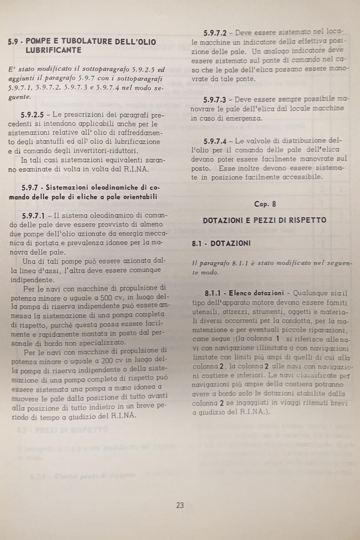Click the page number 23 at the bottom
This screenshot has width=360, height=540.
[x=180, y=505]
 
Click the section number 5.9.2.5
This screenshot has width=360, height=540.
[x=32, y=115]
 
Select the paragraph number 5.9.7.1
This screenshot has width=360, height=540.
[x=33, y=215]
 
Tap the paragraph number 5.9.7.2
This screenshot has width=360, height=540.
[x=215, y=33]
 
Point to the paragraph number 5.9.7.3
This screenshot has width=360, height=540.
[x=215, y=100]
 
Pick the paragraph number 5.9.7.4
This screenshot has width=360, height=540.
[x=215, y=141]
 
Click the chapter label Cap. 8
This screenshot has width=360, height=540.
[x=265, y=204]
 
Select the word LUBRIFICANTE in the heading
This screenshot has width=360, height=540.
[x=53, y=50]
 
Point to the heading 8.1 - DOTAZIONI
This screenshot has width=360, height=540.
[x=221, y=243]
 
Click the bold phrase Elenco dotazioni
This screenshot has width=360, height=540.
[x=256, y=293]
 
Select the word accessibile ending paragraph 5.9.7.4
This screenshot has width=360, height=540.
[x=302, y=177]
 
